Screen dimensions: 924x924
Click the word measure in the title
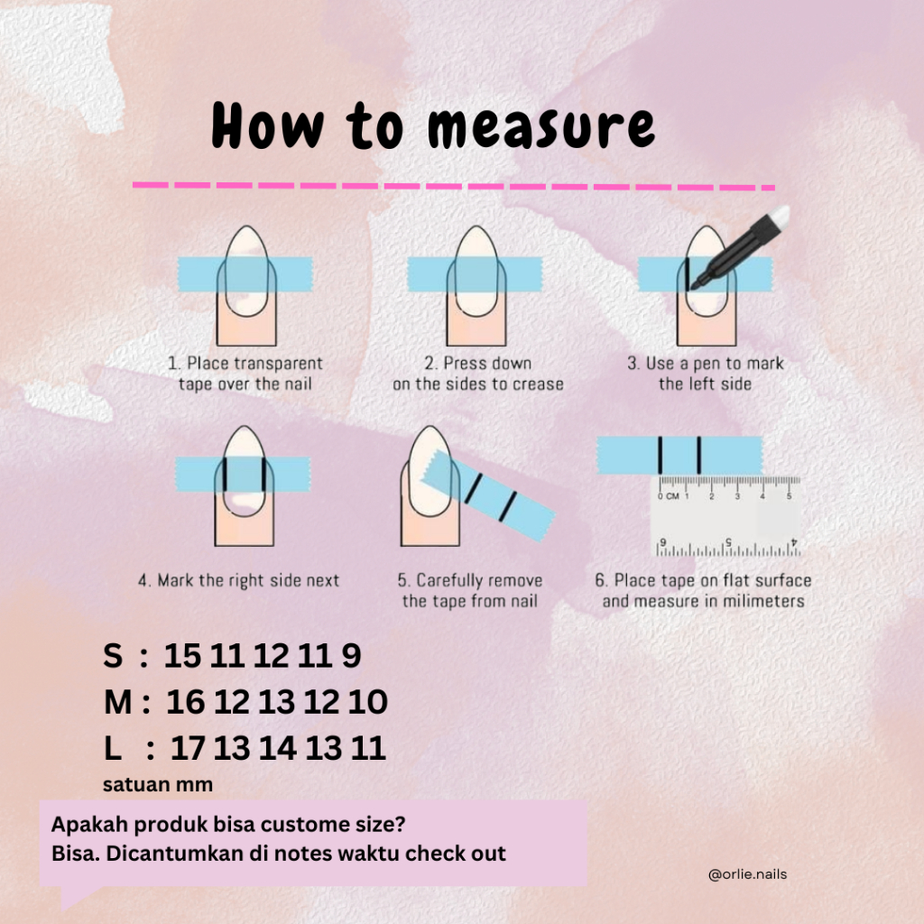(541, 126)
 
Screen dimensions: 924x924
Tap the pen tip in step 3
(695, 286)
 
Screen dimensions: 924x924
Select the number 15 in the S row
(182, 655)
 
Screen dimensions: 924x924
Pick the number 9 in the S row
(351, 655)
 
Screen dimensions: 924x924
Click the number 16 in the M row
(186, 702)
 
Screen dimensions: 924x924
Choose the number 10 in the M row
(368, 702)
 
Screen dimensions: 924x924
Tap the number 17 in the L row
(188, 748)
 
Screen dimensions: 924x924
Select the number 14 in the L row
(278, 748)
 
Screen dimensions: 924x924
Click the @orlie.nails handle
(747, 874)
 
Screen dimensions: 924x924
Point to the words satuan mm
(158, 785)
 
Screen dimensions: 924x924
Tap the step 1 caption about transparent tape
(245, 374)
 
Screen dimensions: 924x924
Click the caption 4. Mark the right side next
(238, 580)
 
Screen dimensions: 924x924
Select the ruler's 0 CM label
(669, 496)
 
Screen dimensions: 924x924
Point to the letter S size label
(113, 655)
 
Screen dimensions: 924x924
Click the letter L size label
(113, 748)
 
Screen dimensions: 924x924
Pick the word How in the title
(268, 125)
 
